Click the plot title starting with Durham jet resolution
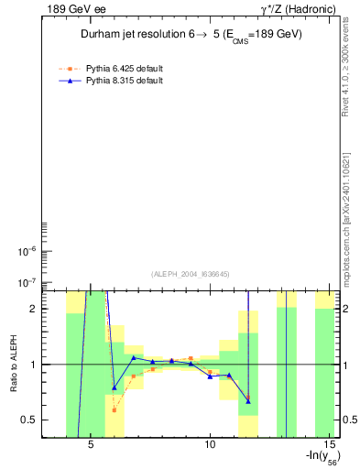[x=191, y=34]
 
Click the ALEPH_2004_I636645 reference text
[x=191, y=273]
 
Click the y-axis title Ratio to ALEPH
[x=14, y=365]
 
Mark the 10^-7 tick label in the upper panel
[x=28, y=283]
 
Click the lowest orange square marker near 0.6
[x=114, y=409]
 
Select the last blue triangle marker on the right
[x=248, y=400]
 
